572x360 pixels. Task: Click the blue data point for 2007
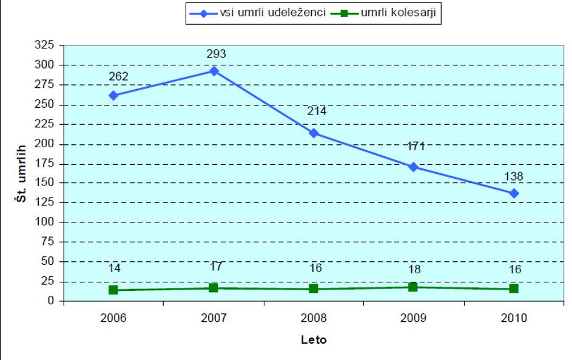click(214, 71)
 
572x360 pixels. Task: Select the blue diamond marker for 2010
click(514, 193)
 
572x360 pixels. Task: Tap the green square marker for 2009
click(414, 287)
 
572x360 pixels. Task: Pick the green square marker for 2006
click(113, 290)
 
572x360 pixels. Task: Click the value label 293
click(216, 54)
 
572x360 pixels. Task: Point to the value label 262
click(118, 78)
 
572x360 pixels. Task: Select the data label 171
click(416, 145)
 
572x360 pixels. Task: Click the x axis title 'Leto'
click(314, 340)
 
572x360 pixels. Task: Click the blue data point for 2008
click(314, 133)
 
